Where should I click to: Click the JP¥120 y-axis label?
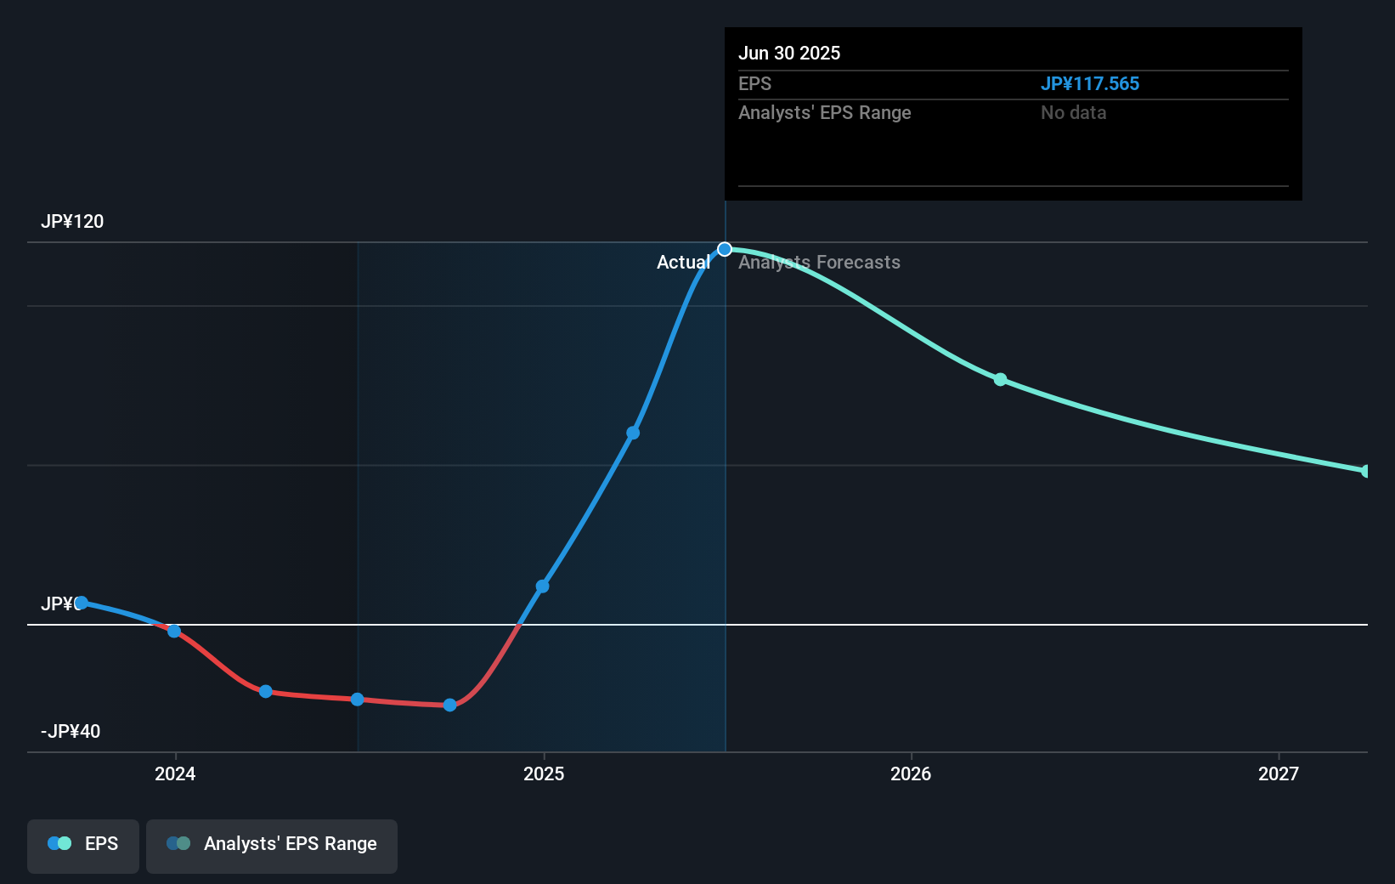tap(72, 222)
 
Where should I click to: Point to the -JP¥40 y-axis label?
tap(71, 732)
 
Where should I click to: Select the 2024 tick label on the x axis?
tap(175, 773)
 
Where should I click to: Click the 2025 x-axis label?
tap(544, 773)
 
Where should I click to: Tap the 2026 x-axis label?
tap(911, 773)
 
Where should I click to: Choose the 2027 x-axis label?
tap(1279, 773)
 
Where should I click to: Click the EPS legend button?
tap(83, 845)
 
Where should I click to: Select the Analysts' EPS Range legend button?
tap(272, 845)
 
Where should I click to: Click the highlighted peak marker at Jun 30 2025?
tap(725, 249)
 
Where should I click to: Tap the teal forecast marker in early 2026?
tap(1001, 379)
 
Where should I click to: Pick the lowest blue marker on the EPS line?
tap(450, 705)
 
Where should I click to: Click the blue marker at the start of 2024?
tap(174, 631)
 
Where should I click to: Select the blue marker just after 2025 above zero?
tap(543, 586)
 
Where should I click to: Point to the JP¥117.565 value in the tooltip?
tap(1089, 84)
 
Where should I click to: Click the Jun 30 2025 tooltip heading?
tap(789, 54)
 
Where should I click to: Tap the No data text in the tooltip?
tap(1073, 113)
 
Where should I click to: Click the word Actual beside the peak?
tap(683, 263)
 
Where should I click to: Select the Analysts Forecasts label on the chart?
tap(819, 263)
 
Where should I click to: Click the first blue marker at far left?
tap(82, 603)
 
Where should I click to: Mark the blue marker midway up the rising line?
tap(633, 433)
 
